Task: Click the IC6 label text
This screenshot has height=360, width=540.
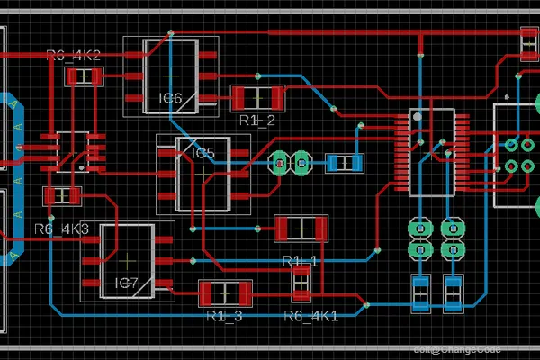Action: tap(170, 97)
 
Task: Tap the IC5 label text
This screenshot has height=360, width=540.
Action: tap(204, 153)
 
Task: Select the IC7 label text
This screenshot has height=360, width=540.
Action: tap(126, 283)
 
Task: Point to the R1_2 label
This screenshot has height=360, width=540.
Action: tap(256, 120)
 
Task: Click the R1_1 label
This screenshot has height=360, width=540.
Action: tap(300, 261)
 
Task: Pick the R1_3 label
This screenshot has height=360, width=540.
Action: tap(224, 316)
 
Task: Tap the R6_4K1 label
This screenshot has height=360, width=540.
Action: tap(310, 316)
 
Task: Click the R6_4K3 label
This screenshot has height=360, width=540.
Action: tap(61, 229)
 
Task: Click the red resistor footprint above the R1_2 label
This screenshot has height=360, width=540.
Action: tap(258, 96)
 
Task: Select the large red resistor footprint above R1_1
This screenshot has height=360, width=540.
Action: tap(301, 229)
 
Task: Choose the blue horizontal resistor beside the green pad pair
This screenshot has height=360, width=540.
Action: tap(344, 163)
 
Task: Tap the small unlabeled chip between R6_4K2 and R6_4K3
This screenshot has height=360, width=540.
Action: tap(67, 150)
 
